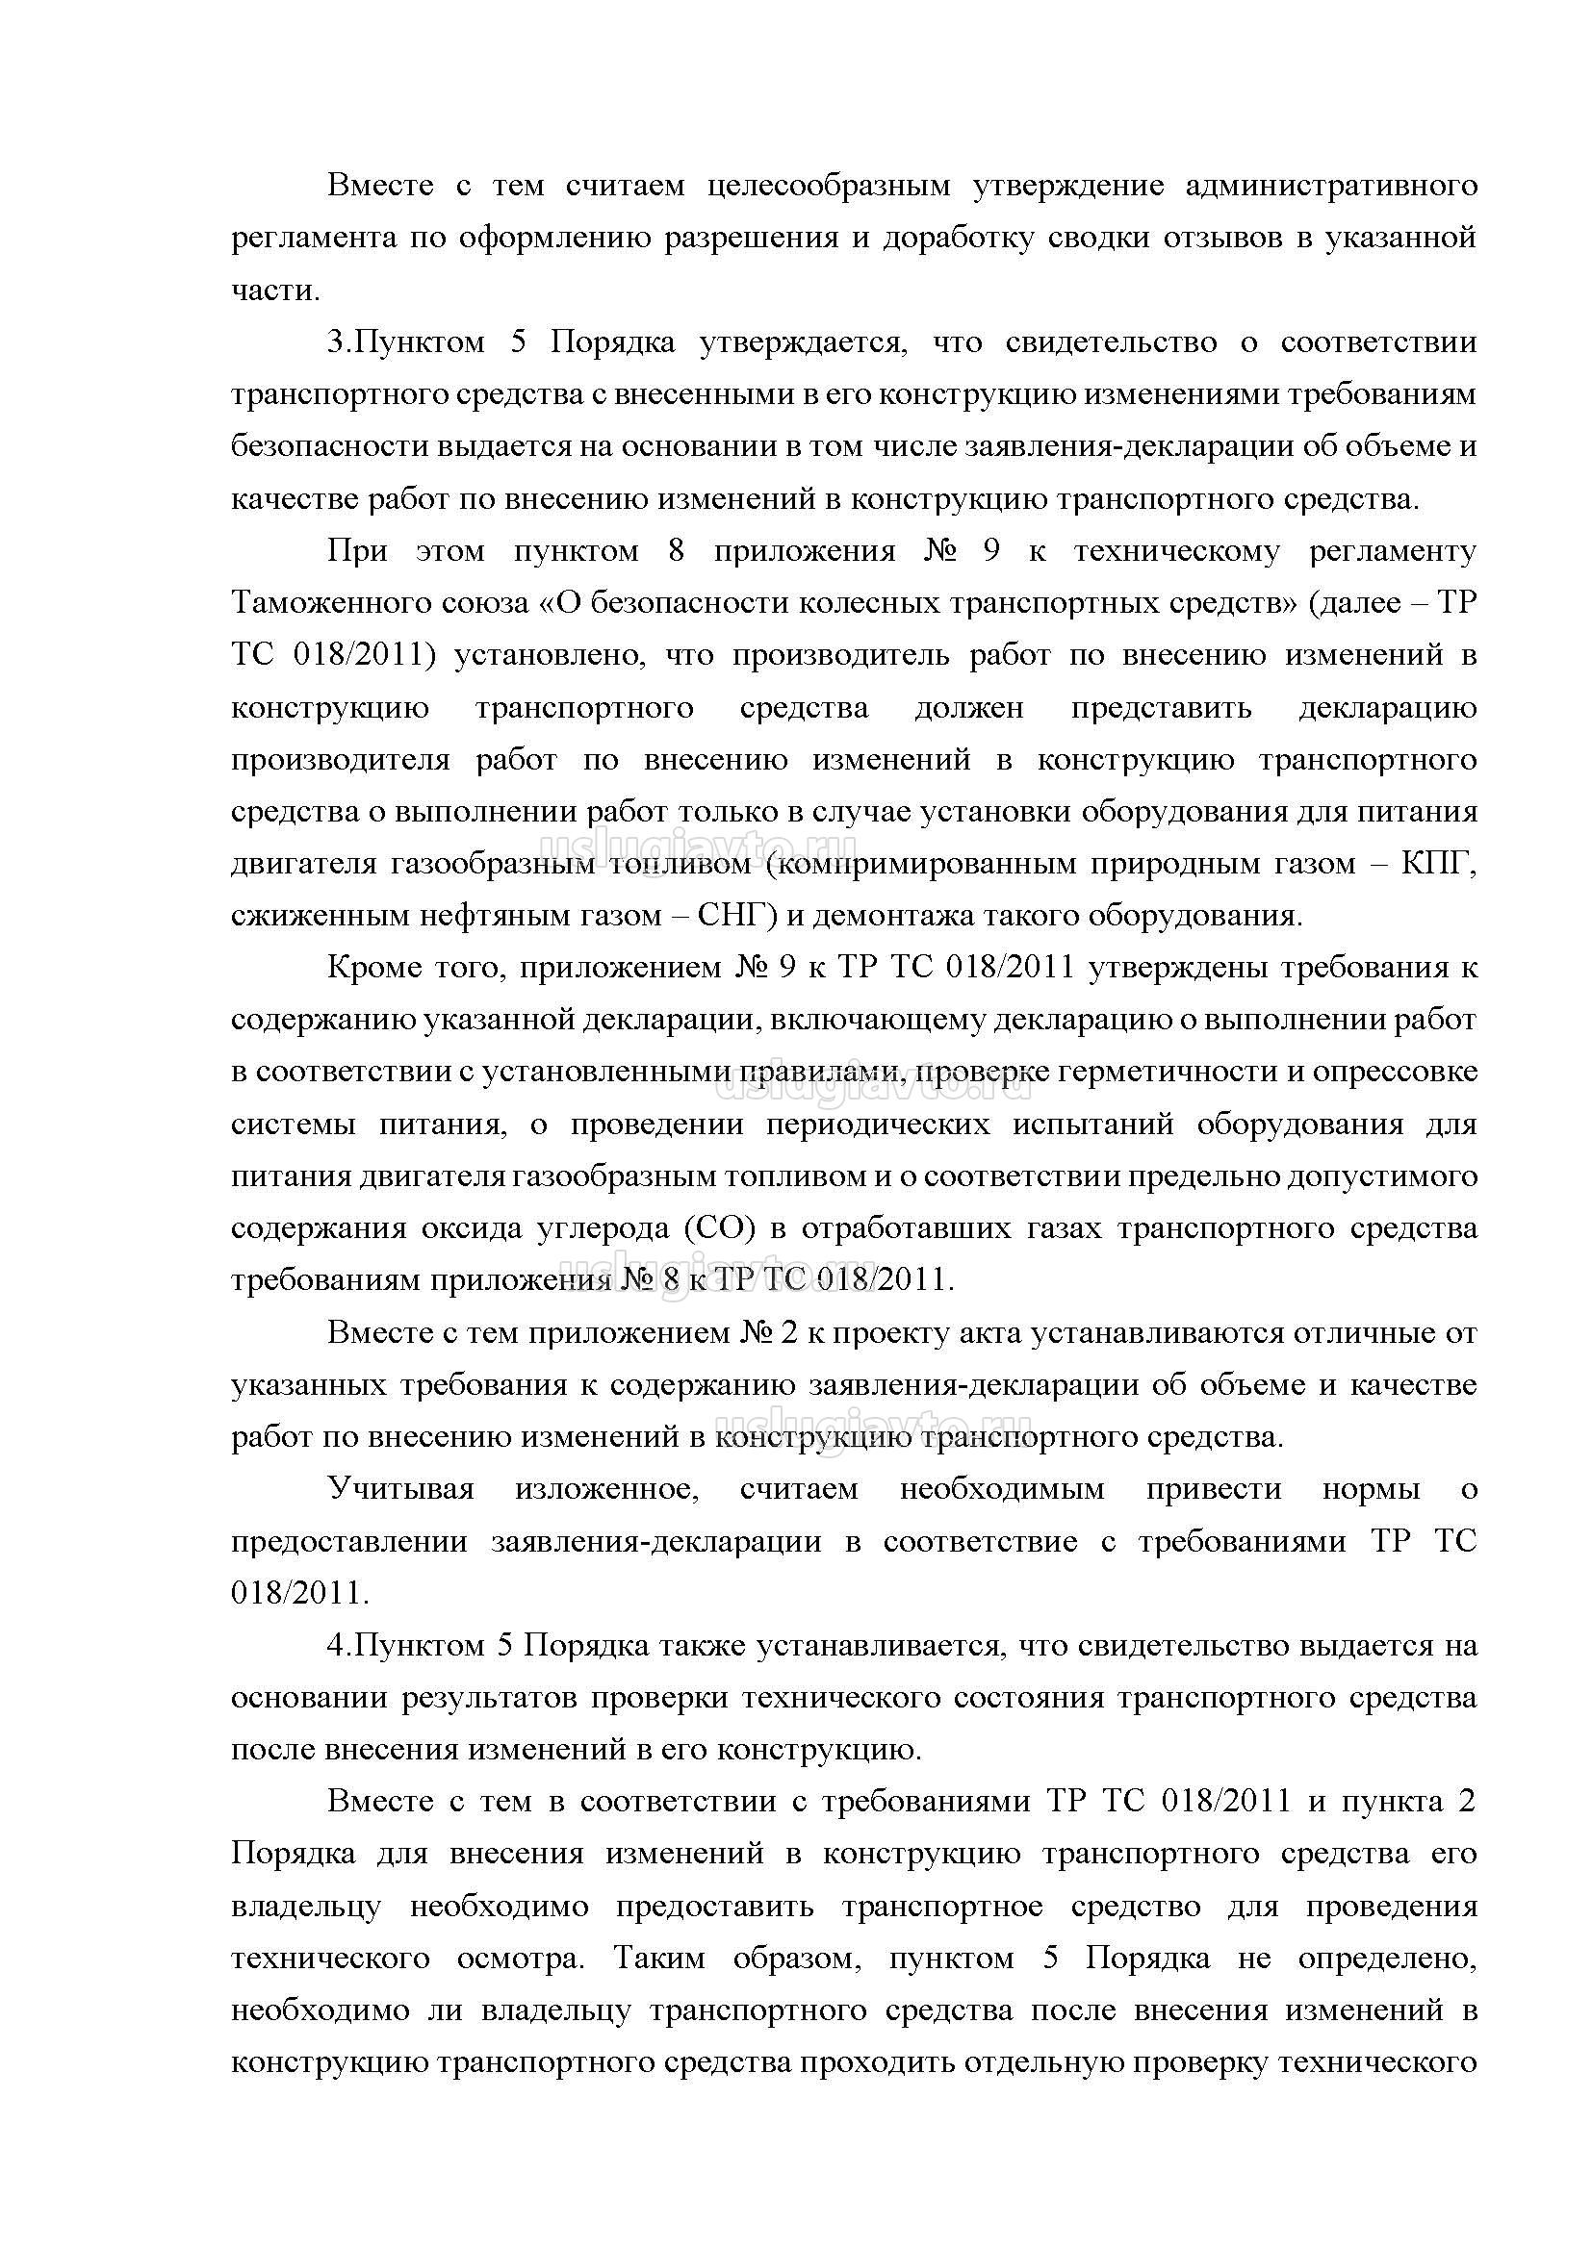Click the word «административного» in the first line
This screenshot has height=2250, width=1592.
tap(1330, 187)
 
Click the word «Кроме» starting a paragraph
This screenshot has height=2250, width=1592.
tap(368, 969)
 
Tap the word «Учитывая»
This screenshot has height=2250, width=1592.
tap(401, 1489)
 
